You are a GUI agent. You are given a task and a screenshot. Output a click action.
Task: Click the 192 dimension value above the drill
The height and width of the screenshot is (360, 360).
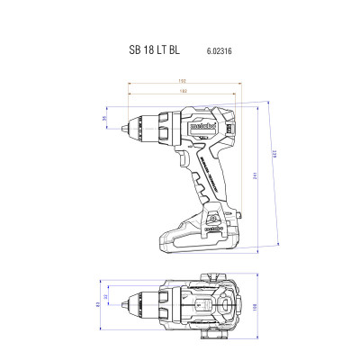click(x=184, y=82)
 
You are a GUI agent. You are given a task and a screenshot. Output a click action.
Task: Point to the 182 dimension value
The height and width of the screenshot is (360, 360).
click(x=184, y=92)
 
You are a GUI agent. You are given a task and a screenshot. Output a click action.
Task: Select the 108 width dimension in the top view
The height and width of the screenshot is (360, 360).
click(x=255, y=306)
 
